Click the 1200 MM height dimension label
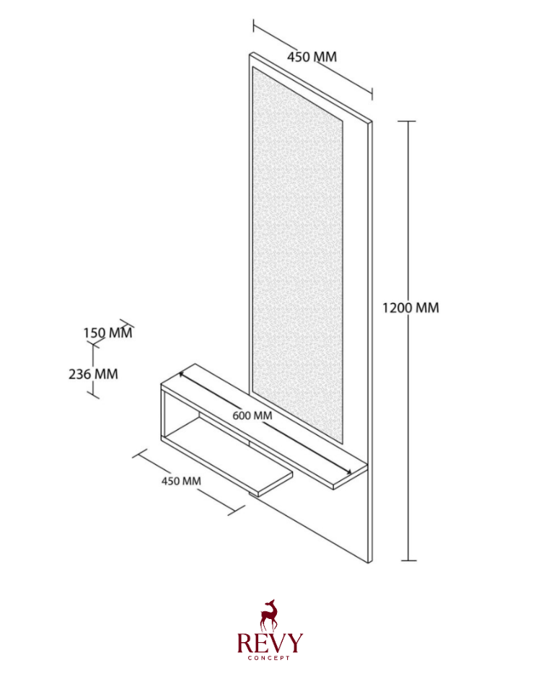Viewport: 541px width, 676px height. click(410, 308)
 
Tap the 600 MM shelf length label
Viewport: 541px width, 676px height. click(252, 416)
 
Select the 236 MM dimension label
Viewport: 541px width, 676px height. click(93, 374)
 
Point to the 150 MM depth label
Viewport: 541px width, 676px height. click(107, 333)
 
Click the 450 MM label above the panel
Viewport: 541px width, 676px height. click(312, 56)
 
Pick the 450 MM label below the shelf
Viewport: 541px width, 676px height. click(181, 480)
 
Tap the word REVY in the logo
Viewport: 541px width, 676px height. click(270, 643)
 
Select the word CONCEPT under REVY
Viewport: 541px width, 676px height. click(269, 658)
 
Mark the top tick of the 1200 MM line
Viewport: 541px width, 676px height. click(406, 122)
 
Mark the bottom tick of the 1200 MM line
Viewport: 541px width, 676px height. click(408, 561)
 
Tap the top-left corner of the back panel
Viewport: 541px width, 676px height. click(250, 54)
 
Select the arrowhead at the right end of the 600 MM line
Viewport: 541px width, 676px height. click(348, 472)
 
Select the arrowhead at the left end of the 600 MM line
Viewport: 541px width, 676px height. click(182, 374)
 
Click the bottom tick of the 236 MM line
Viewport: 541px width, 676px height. click(94, 395)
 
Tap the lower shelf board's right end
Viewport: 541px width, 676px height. click(276, 485)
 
